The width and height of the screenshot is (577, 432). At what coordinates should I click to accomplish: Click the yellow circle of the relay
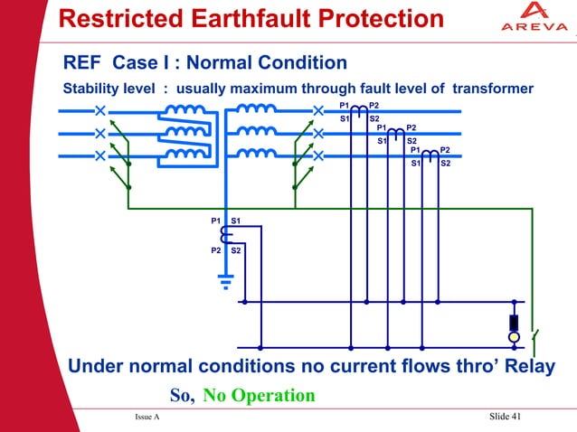tap(514, 337)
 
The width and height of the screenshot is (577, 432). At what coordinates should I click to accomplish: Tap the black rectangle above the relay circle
tap(514, 322)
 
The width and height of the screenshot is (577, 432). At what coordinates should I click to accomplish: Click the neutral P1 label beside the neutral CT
tap(216, 221)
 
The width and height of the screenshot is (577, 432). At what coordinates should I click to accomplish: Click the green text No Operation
tap(259, 396)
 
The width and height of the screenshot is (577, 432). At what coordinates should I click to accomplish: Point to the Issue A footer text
tap(147, 417)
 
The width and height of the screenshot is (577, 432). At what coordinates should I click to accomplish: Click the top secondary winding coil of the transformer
tap(257, 110)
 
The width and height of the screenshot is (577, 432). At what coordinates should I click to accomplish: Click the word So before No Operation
tap(182, 396)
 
